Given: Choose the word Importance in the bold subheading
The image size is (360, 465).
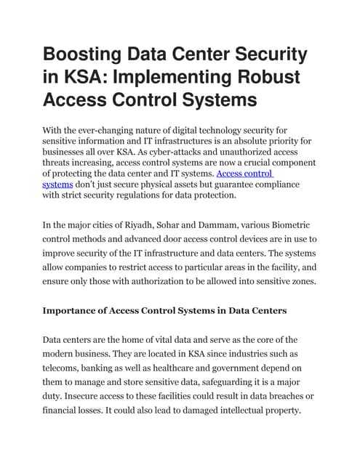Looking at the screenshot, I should (72, 310).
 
